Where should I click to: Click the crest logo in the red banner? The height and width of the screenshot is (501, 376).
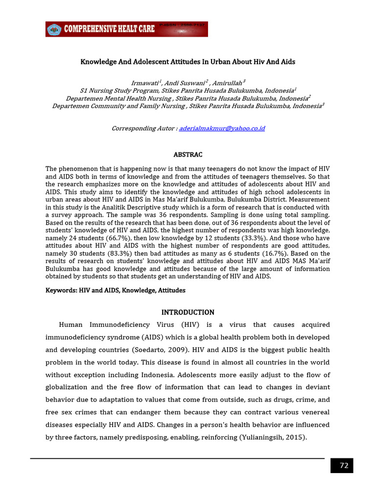coord(54,30)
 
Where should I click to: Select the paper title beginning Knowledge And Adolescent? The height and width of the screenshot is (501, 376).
coord(188,62)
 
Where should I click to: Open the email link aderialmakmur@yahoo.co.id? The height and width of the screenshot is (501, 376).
coord(222,128)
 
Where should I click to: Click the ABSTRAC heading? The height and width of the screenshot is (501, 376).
coord(188,155)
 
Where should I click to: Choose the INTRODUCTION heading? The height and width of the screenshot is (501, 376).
coord(188,312)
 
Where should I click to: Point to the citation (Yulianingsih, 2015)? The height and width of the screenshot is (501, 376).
coord(272,437)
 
